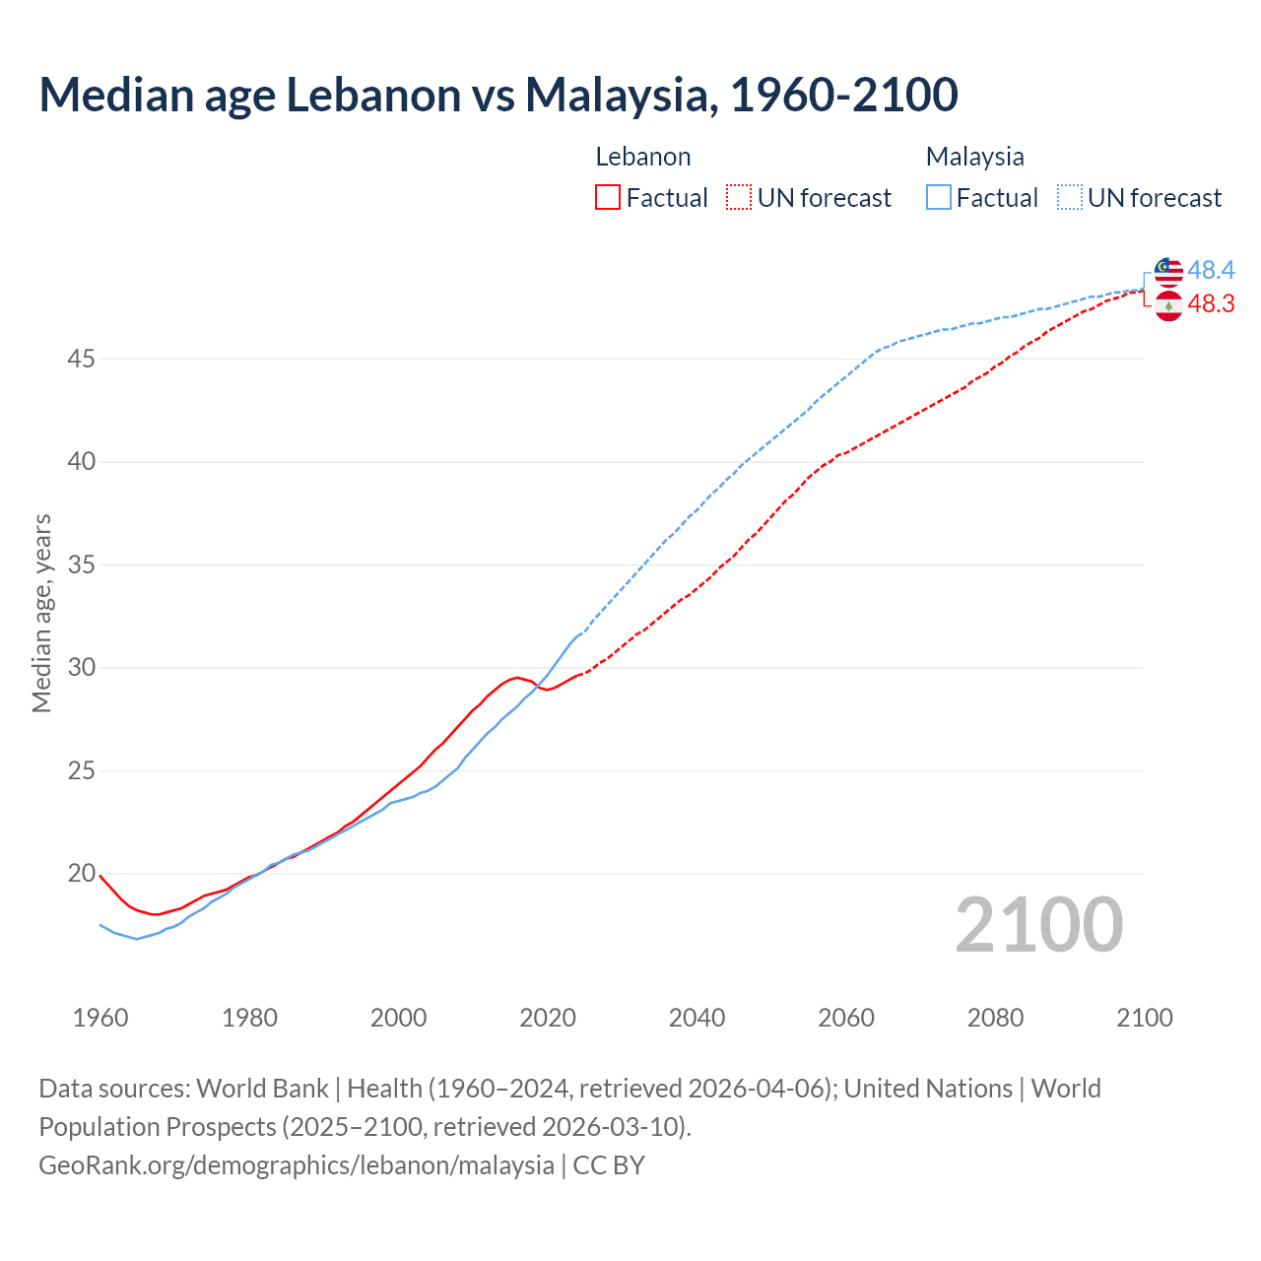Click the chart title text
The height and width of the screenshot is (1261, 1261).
pyautogui.click(x=498, y=95)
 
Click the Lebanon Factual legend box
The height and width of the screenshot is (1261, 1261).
pyautogui.click(x=608, y=197)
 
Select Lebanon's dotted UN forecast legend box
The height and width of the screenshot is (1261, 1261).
pyautogui.click(x=739, y=197)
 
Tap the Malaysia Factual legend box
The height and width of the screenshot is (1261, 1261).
pyautogui.click(x=939, y=197)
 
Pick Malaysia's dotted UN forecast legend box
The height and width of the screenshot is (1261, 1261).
pyautogui.click(x=1070, y=197)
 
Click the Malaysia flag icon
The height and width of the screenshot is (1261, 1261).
pyautogui.click(x=1168, y=271)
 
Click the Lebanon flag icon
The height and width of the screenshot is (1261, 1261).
pyautogui.click(x=1168, y=305)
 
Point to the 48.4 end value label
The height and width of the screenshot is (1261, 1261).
pyautogui.click(x=1211, y=270)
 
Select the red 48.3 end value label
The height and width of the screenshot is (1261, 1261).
pyautogui.click(x=1211, y=304)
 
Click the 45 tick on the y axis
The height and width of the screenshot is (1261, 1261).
pyautogui.click(x=81, y=359)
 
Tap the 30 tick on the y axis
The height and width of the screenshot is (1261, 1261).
pyautogui.click(x=81, y=668)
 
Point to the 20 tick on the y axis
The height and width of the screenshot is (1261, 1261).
pyautogui.click(x=81, y=874)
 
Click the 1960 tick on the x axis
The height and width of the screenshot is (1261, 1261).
pyautogui.click(x=100, y=1018)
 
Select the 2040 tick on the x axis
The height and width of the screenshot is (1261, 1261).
pyautogui.click(x=697, y=1018)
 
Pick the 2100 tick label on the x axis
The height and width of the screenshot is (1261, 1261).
pyautogui.click(x=1144, y=1018)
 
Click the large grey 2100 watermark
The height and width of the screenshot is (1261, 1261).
pyautogui.click(x=1038, y=924)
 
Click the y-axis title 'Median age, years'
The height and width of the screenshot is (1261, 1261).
pyautogui.click(x=41, y=613)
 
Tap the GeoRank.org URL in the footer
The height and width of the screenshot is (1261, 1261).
pyautogui.click(x=296, y=1164)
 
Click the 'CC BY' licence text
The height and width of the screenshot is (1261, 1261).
pyautogui.click(x=609, y=1164)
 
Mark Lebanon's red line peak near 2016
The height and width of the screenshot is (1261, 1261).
pyautogui.click(x=517, y=677)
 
